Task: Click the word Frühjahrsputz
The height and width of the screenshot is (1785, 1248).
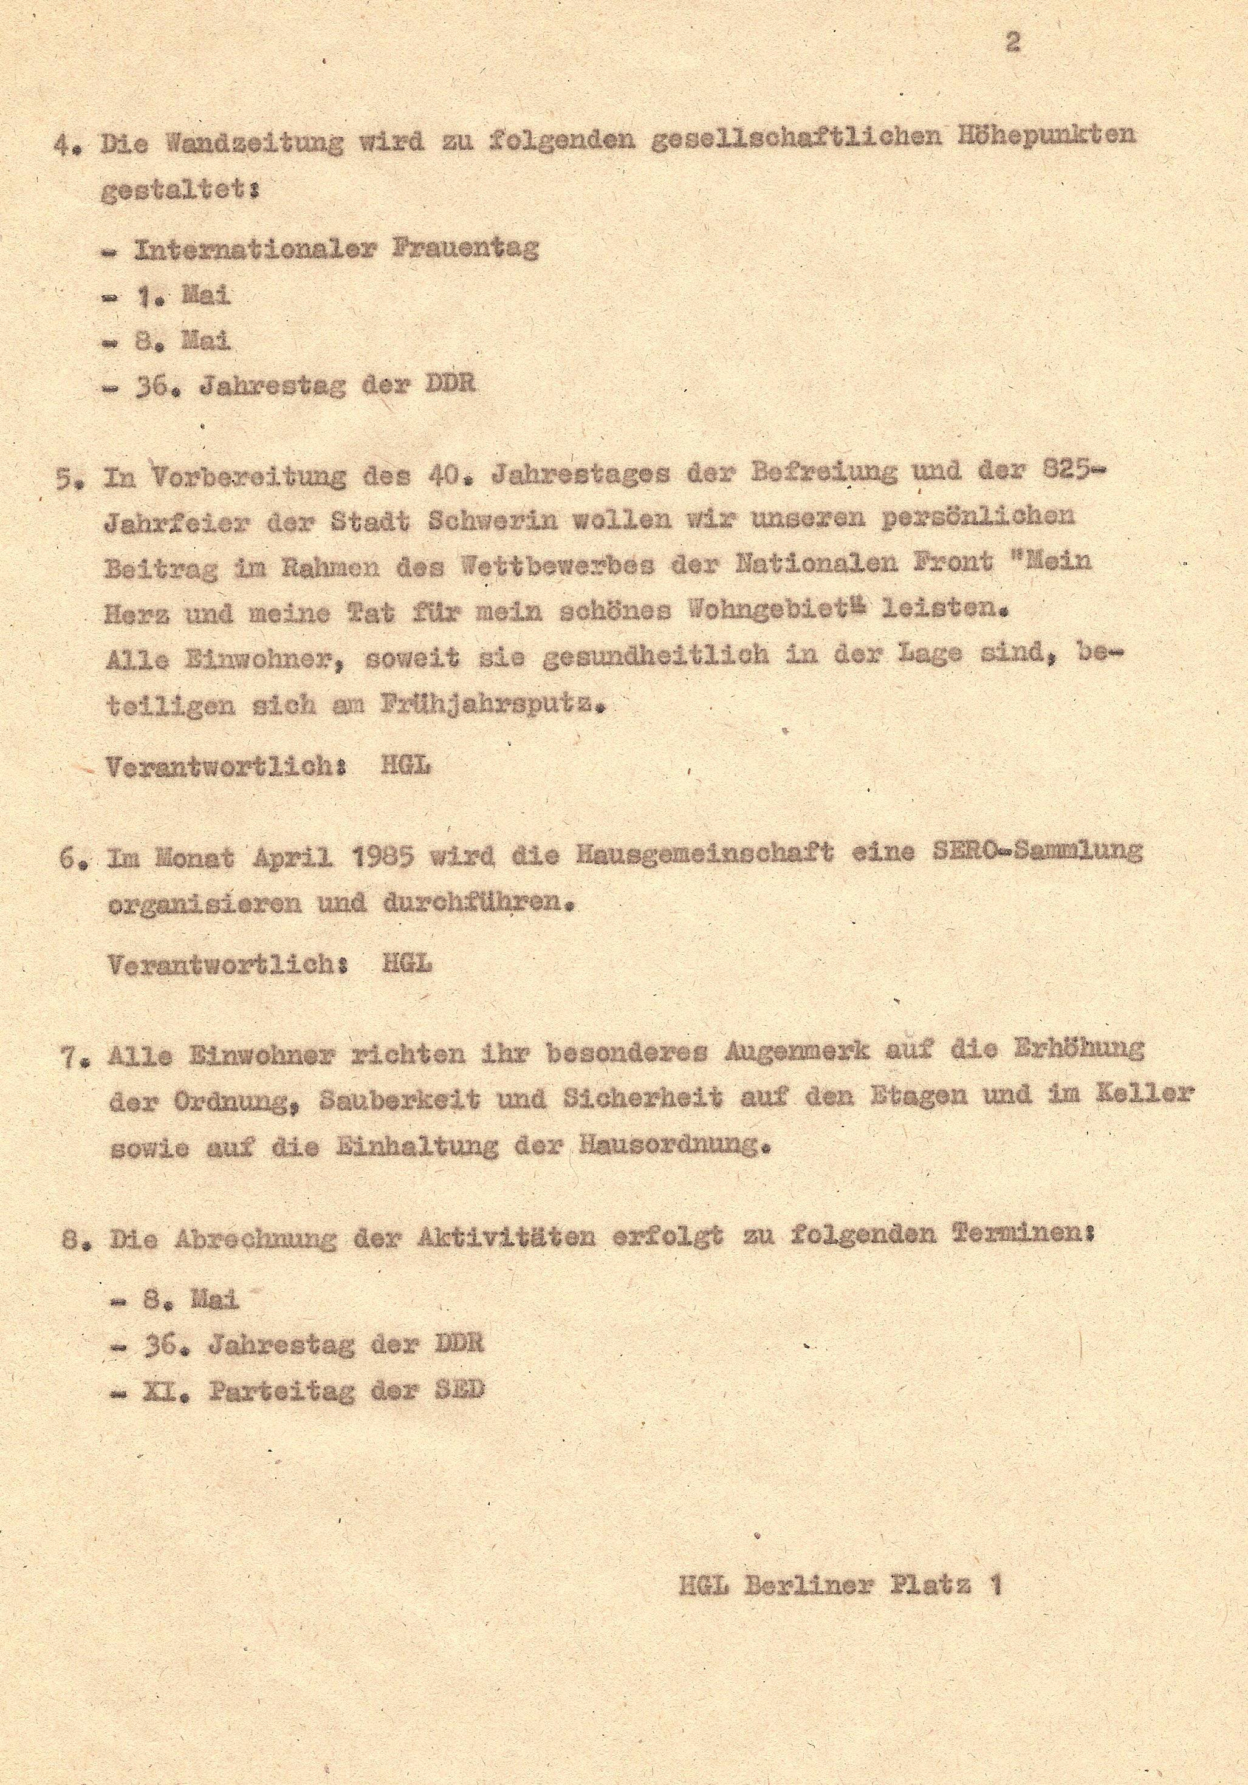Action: point(492,705)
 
